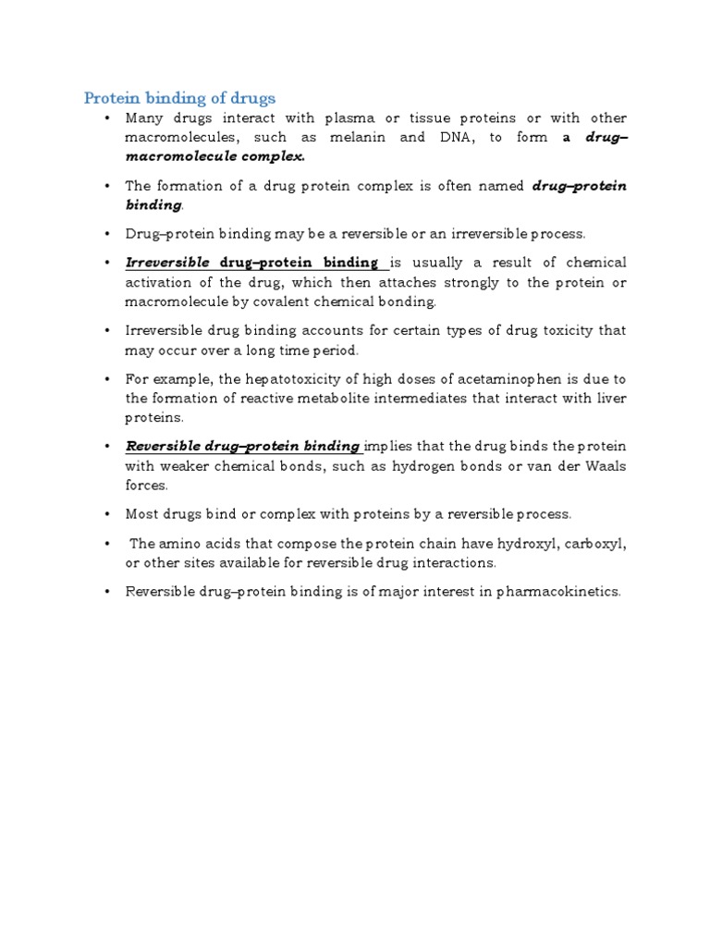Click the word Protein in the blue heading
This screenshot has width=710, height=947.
(109, 98)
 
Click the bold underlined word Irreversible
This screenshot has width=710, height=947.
(168, 263)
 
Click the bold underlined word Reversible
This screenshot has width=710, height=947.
(163, 446)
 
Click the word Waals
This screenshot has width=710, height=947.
(606, 465)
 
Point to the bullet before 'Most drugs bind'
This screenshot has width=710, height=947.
(108, 514)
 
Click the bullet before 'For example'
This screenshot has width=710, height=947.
(108, 379)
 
